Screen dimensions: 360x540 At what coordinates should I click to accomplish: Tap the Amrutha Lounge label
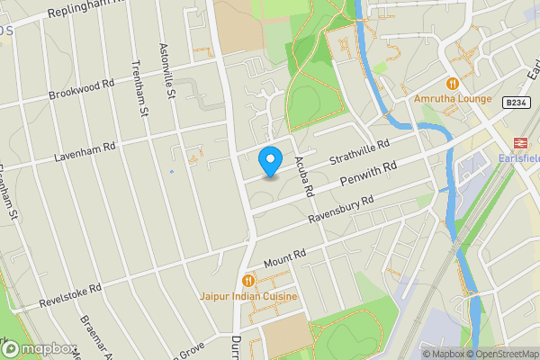(x=454, y=98)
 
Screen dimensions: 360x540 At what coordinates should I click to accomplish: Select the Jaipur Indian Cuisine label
(x=248, y=296)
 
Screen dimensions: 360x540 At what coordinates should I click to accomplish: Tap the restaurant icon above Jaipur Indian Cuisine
(x=248, y=280)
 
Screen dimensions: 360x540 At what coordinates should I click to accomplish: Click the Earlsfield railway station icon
(x=519, y=142)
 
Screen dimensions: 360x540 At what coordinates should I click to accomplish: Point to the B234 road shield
(x=516, y=103)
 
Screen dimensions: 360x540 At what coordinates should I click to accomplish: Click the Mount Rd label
(x=285, y=258)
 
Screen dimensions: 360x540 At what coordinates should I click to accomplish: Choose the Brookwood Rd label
(x=84, y=94)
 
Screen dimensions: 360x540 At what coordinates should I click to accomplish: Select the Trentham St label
(x=139, y=89)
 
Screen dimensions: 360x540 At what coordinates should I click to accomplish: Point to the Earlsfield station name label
(x=518, y=159)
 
